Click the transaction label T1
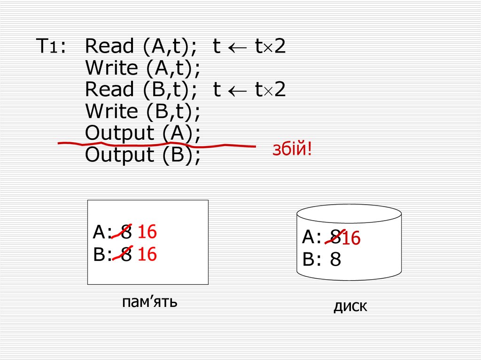[51, 47]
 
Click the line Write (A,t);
[143, 69]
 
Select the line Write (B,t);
[143, 112]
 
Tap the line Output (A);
[143, 133]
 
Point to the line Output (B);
[143, 155]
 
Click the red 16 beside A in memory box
[147, 232]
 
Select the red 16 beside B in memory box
[147, 254]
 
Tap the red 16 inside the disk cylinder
[351, 239]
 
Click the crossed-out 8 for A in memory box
[125, 232]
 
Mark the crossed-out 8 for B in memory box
[125, 254]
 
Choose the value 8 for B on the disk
[335, 260]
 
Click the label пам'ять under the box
[149, 301]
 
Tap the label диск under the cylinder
[350, 307]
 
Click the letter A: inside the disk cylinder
[312, 237]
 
